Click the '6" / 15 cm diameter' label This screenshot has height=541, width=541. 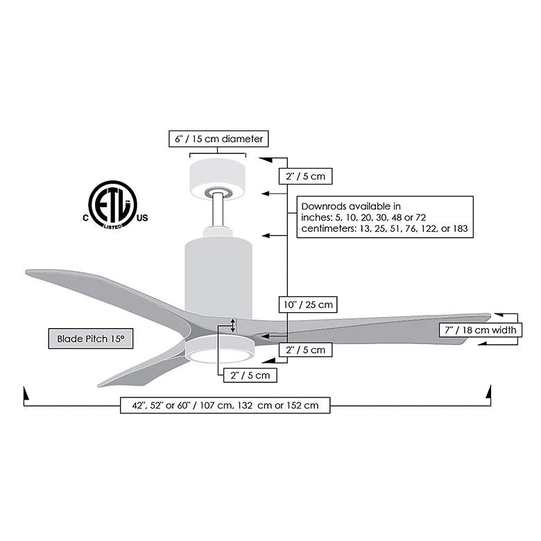218,139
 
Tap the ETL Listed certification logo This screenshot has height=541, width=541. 113,205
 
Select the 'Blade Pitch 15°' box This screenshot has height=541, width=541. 91,338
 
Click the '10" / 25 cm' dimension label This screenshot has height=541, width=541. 308,304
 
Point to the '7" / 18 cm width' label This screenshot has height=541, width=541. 480,330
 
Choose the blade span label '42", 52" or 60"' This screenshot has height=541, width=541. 161,405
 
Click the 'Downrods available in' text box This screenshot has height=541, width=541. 385,217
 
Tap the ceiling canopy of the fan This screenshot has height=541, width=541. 217,179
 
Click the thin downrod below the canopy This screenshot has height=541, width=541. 218,209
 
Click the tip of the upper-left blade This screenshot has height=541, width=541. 26,272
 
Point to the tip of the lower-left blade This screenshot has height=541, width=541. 98,386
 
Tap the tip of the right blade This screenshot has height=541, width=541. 490,315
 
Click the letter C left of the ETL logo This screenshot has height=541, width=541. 85,218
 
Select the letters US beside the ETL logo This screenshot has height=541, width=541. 142,218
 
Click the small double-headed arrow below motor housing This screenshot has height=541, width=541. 233,325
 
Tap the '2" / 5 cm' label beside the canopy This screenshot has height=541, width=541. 305,176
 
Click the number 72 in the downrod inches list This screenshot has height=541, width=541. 420,217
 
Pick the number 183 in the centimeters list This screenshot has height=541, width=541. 461,228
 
